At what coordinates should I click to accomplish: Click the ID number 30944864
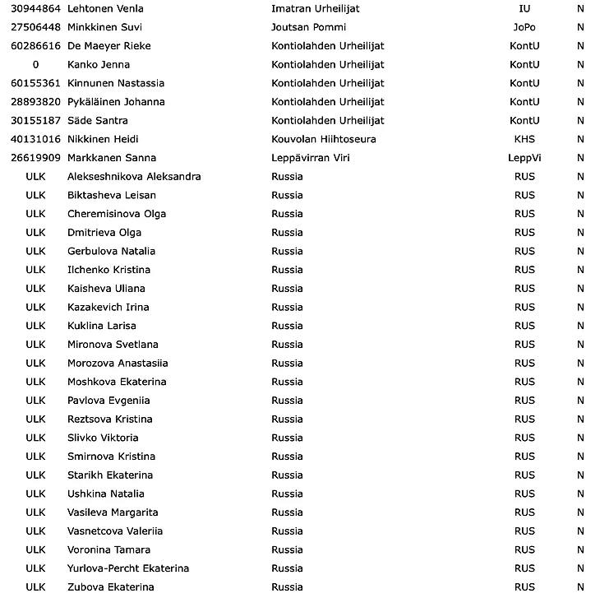pyautogui.click(x=35, y=8)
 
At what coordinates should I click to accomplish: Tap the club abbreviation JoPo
pyautogui.click(x=524, y=27)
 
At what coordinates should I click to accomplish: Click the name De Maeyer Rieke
pyautogui.click(x=108, y=46)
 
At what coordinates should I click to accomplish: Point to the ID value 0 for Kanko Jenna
pyautogui.click(x=35, y=64)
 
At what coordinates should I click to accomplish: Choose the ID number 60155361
pyautogui.click(x=35, y=83)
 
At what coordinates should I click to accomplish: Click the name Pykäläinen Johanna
pyautogui.click(x=116, y=102)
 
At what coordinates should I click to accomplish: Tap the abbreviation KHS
pyautogui.click(x=524, y=139)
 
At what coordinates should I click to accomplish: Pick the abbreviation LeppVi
pyautogui.click(x=524, y=158)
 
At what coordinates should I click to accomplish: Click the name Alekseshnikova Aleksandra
pyautogui.click(x=134, y=177)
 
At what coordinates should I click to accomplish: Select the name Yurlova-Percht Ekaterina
pyautogui.click(x=128, y=568)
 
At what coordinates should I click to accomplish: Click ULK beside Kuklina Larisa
pyautogui.click(x=35, y=326)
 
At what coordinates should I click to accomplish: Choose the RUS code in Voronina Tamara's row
pyautogui.click(x=524, y=549)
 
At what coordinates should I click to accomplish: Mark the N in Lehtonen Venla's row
pyautogui.click(x=580, y=8)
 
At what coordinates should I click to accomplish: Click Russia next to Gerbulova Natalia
pyautogui.click(x=287, y=251)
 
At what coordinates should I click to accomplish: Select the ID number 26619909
pyautogui.click(x=35, y=158)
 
